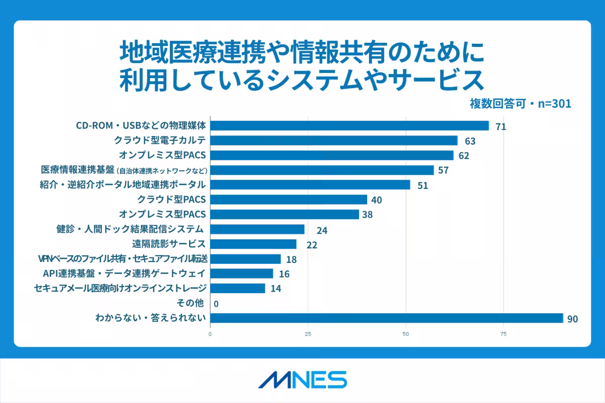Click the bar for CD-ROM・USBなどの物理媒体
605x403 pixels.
349,125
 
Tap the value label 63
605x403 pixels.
470,141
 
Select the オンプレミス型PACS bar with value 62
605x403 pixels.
332,155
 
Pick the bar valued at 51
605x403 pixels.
310,185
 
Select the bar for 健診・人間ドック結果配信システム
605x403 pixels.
257,229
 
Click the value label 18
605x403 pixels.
291,260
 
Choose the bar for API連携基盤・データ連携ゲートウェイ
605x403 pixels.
241,274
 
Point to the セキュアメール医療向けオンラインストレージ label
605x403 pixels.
120,288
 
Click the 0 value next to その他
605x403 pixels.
216,304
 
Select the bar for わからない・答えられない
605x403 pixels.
386,318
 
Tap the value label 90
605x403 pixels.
572,319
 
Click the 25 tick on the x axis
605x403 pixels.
308,333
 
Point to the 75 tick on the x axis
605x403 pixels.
503,333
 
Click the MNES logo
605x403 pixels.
302,380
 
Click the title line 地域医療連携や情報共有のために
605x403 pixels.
302,52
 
